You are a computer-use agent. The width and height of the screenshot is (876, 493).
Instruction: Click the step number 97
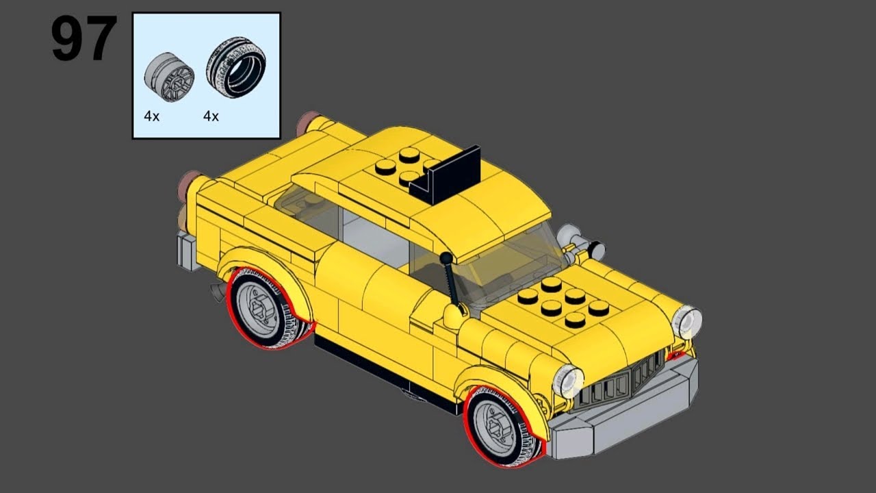[83, 40]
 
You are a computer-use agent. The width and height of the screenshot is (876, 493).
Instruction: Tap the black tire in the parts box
[236, 68]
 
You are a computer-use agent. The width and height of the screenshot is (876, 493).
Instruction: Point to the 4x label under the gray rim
[151, 116]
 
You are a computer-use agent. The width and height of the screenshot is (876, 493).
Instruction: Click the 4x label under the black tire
[211, 116]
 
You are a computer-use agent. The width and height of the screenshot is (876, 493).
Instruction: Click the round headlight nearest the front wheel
[568, 381]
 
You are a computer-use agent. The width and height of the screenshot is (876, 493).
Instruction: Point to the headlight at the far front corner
[687, 323]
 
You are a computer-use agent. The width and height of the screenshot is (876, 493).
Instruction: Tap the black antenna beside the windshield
[451, 281]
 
